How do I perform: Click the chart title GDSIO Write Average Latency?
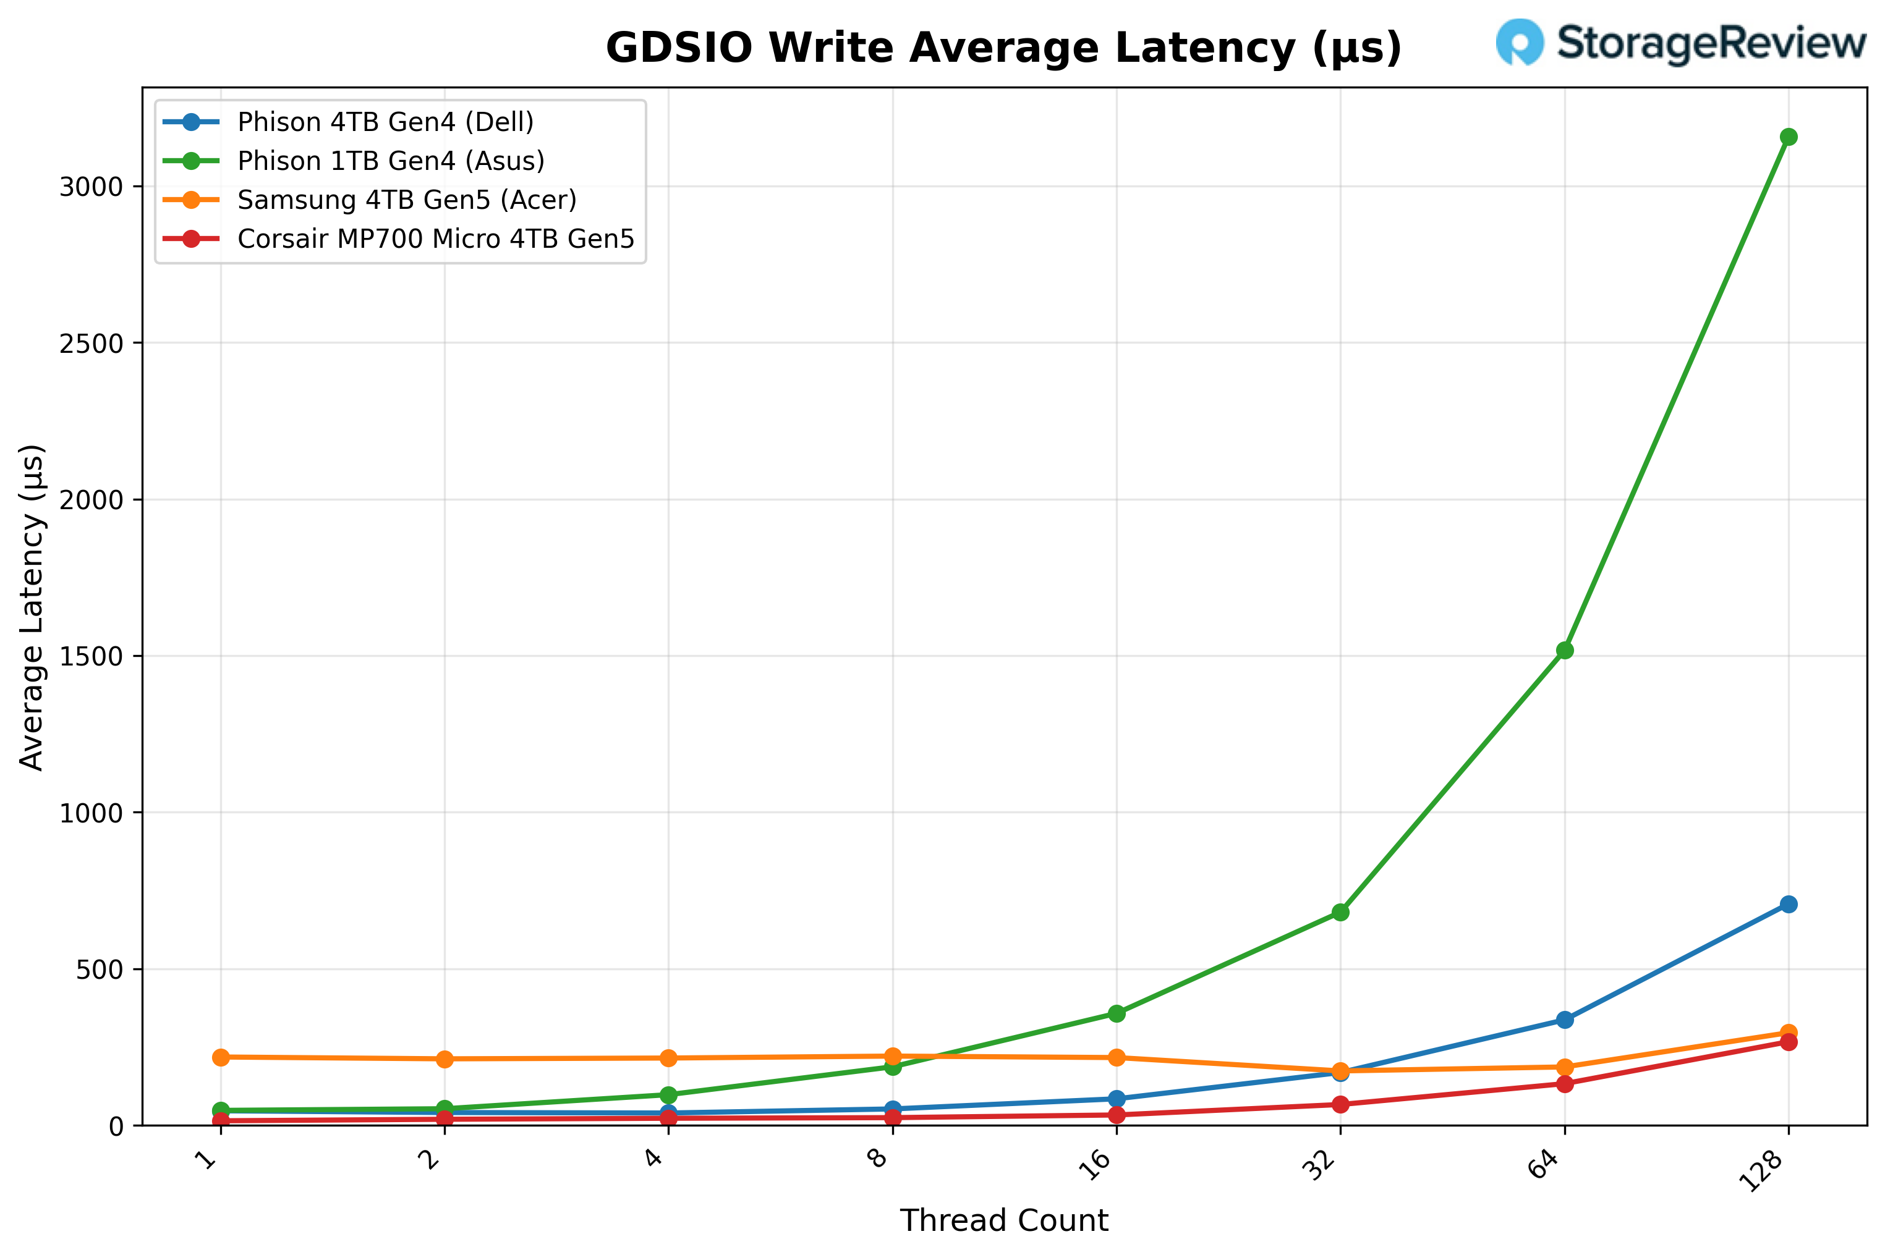coord(1003,48)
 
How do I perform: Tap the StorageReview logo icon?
coord(1519,41)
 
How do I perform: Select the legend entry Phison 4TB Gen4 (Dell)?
coord(385,122)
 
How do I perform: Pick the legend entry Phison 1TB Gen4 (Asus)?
coord(391,161)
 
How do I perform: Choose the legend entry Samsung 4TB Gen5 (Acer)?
coord(407,200)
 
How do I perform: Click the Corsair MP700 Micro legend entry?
coord(436,239)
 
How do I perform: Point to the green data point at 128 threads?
coord(1788,137)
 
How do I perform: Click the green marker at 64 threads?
coord(1565,651)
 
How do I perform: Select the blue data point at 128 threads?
coord(1788,905)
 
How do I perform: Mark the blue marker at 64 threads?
coord(1565,1020)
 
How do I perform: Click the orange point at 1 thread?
coord(221,1057)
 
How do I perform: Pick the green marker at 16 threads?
coord(1117,1013)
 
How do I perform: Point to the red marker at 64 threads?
coord(1565,1084)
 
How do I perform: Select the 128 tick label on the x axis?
coord(1763,1170)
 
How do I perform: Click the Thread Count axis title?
coord(1003,1220)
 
